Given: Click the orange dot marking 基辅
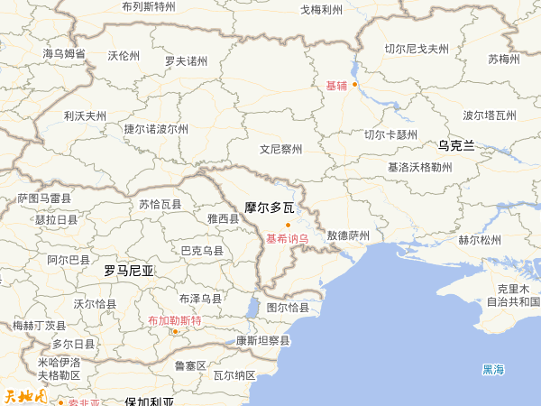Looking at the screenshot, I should (x=355, y=85).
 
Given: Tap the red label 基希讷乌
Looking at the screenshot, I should (x=288, y=239).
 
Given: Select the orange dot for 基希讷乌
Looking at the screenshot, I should (x=288, y=225).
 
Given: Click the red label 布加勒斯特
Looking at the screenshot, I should (x=175, y=320).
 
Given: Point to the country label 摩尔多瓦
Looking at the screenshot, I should (x=270, y=208).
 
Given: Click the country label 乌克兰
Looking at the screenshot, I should (x=456, y=144).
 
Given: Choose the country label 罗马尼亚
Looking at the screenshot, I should (x=129, y=270).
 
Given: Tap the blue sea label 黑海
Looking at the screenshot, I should (x=493, y=369).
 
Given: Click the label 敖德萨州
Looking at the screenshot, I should (x=348, y=235).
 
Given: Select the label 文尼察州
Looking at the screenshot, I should (x=281, y=149).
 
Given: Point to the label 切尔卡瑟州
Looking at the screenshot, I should (x=391, y=134).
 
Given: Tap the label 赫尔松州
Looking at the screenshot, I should (x=479, y=240).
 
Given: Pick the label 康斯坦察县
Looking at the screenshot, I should (x=263, y=341).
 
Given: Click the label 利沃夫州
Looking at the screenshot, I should (x=85, y=115).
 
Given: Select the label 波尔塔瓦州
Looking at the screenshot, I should (x=490, y=115).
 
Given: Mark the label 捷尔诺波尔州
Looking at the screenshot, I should (x=156, y=129).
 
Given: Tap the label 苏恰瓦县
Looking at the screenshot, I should (x=160, y=205).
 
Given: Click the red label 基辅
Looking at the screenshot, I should (x=336, y=86).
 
